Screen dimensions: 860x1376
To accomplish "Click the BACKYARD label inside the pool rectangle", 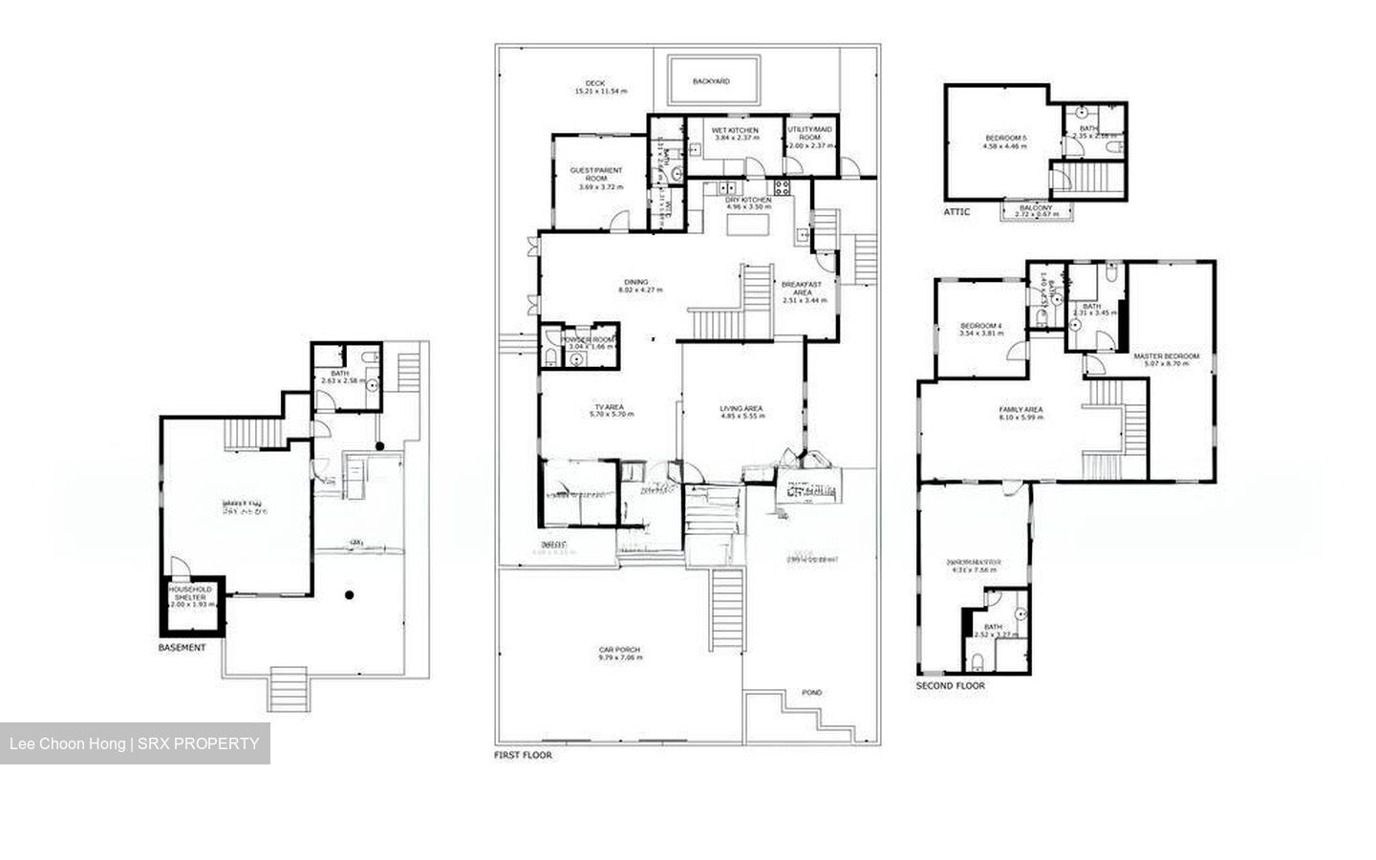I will pyautogui.click(x=711, y=81).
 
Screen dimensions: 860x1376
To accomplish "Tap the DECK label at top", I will pyautogui.click(x=595, y=84).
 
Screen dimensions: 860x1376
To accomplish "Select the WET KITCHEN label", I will pyautogui.click(x=735, y=130).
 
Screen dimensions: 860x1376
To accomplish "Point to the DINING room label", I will pyautogui.click(x=636, y=282).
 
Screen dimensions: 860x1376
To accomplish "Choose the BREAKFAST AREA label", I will pyautogui.click(x=802, y=288).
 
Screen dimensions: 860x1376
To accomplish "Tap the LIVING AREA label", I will pyautogui.click(x=741, y=409).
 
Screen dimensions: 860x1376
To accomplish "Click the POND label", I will pyautogui.click(x=811, y=692).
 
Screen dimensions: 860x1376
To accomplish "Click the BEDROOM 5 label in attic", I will pyautogui.click(x=1005, y=139).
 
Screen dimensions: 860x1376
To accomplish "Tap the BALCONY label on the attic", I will pyautogui.click(x=1036, y=207).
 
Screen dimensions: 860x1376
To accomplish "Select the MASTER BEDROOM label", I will pyautogui.click(x=1166, y=356).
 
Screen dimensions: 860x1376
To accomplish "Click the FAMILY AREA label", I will pyautogui.click(x=1021, y=410).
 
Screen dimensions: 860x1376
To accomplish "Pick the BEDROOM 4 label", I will pyautogui.click(x=981, y=326).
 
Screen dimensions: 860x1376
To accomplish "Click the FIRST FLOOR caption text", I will pyautogui.click(x=523, y=755).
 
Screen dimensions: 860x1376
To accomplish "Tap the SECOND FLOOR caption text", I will pyautogui.click(x=950, y=685).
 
